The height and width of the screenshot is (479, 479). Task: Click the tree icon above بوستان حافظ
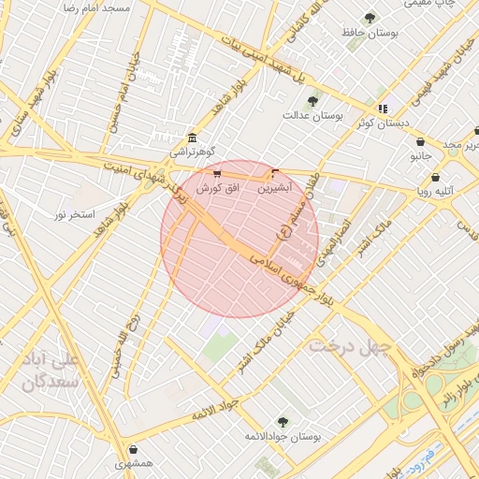pos(370,18)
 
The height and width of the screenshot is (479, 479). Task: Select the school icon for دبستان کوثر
pos(383,109)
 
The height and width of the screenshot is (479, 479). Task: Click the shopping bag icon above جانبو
pos(420,142)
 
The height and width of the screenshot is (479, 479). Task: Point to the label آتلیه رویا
pos(435,191)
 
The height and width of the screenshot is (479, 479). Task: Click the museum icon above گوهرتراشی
pos(192,136)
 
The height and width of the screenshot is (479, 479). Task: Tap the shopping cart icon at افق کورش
pos(217,174)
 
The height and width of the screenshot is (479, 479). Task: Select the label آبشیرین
pos(274,187)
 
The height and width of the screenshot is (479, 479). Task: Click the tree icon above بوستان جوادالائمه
pos(283,422)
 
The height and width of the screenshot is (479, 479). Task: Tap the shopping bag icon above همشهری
pos(135,449)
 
